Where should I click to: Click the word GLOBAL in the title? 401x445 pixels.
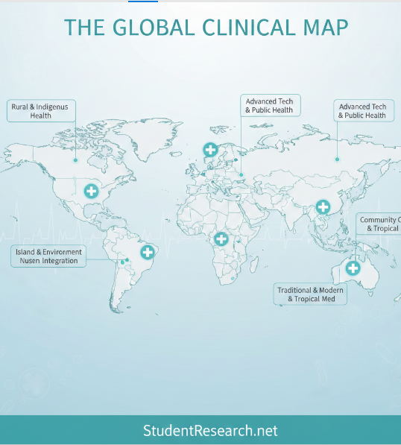[x=153, y=28]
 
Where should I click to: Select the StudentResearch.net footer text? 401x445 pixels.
[x=210, y=431]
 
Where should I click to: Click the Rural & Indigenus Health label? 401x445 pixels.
[x=40, y=111]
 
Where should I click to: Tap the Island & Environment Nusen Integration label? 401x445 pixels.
[x=48, y=256]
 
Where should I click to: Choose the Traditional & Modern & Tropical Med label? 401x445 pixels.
[x=312, y=294]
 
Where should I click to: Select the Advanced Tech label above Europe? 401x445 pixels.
[x=269, y=105]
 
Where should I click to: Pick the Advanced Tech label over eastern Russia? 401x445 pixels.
[x=362, y=111]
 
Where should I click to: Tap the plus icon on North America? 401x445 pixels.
[x=91, y=191]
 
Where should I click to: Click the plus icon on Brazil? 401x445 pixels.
[x=148, y=252]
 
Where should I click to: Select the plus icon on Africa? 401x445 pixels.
[x=221, y=239]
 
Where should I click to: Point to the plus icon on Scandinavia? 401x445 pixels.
[x=211, y=150]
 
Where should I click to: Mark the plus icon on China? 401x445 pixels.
[x=323, y=206]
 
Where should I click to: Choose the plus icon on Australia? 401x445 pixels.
[x=353, y=268]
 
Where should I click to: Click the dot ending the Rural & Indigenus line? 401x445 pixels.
[x=75, y=160]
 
